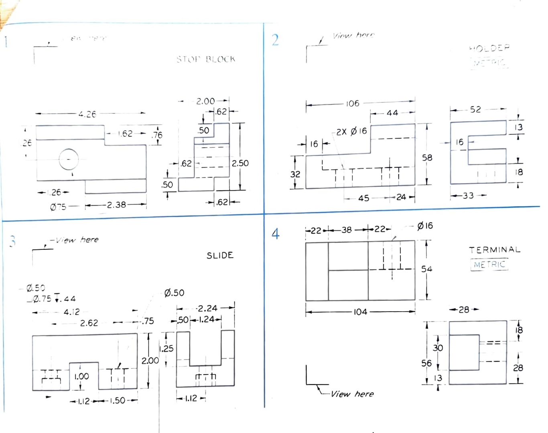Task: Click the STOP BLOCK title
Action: pyautogui.click(x=206, y=59)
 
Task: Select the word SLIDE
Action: pyautogui.click(x=220, y=255)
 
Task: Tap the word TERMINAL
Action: pyautogui.click(x=495, y=250)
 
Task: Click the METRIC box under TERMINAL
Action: pyautogui.click(x=489, y=265)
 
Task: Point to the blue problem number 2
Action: pyautogui.click(x=275, y=40)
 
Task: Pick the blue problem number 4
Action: pyautogui.click(x=275, y=234)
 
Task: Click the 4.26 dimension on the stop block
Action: pyautogui.click(x=87, y=114)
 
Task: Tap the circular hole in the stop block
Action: pyautogui.click(x=69, y=159)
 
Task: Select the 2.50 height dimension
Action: pyautogui.click(x=240, y=163)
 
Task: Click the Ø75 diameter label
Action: pyautogui.click(x=58, y=207)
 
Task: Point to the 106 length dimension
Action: pyautogui.click(x=353, y=103)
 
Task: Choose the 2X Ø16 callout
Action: pyautogui.click(x=351, y=132)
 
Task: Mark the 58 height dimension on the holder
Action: pyautogui.click(x=427, y=158)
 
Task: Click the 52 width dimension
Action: pyautogui.click(x=475, y=109)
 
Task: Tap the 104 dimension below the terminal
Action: pyautogui.click(x=360, y=312)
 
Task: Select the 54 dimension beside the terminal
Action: pyautogui.click(x=426, y=269)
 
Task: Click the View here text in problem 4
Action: pyautogui.click(x=352, y=394)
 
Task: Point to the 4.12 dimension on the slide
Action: pyautogui.click(x=72, y=312)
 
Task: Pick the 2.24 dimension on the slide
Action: pyautogui.click(x=207, y=308)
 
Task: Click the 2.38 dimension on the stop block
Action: pyautogui.click(x=116, y=205)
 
